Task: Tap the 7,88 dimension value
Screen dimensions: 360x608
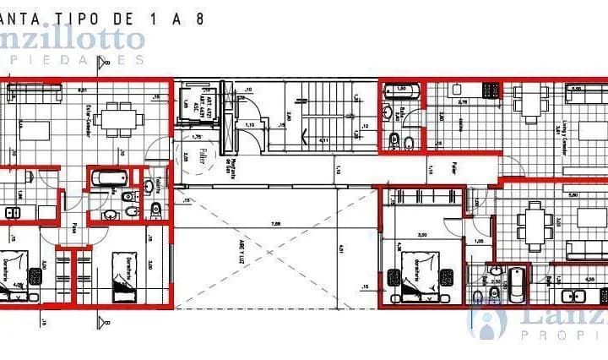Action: (276, 224)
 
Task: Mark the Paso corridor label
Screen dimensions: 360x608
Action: (74, 228)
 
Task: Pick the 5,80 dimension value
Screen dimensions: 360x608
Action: (573, 195)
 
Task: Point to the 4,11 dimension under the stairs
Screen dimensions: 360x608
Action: (323, 140)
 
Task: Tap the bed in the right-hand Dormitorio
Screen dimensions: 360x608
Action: (415, 275)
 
